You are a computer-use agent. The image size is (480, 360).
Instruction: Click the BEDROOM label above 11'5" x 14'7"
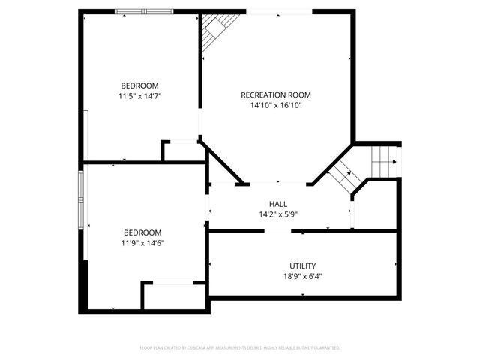(139, 85)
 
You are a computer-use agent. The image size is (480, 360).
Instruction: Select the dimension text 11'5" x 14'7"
(139, 96)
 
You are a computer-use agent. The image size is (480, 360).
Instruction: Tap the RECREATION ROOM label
(275, 95)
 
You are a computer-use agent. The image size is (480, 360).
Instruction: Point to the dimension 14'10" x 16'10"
(275, 106)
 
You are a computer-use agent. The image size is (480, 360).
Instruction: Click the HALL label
(277, 204)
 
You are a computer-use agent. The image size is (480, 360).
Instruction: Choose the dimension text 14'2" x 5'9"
(277, 214)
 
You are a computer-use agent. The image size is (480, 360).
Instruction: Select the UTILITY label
(302, 265)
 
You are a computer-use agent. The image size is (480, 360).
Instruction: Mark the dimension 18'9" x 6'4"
(302, 276)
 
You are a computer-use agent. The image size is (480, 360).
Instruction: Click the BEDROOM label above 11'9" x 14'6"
(142, 232)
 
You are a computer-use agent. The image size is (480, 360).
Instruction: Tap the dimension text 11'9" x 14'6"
(142, 243)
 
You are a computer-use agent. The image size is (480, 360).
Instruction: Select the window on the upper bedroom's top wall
(142, 12)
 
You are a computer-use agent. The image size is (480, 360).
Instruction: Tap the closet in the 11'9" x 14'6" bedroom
(172, 296)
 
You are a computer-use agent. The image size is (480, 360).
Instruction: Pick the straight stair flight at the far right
(385, 158)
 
